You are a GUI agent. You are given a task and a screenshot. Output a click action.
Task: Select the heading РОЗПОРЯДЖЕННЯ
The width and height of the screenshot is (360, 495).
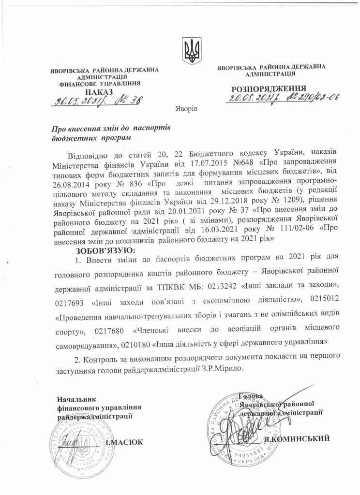[269, 89]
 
